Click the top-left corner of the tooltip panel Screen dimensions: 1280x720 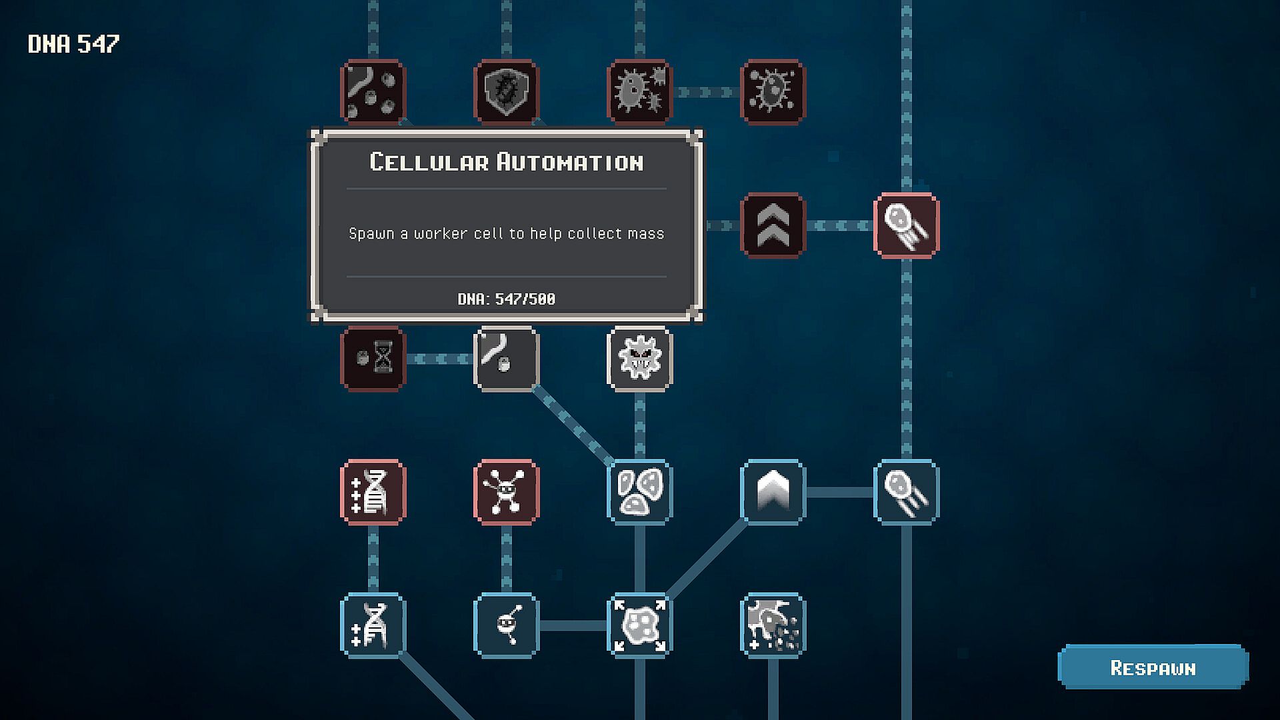coord(311,130)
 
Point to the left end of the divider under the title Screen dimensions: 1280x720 coord(347,189)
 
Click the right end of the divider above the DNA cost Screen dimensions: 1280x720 coord(667,276)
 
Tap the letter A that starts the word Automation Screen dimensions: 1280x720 coord(503,162)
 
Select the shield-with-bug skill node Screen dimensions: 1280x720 coord(507,92)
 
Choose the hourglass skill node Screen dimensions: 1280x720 coord(373,359)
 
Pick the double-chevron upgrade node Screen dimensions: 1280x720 coord(773,225)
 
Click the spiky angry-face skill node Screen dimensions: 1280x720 coord(640,359)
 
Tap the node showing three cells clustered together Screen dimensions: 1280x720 coord(640,492)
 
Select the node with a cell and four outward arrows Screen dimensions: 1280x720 coord(640,625)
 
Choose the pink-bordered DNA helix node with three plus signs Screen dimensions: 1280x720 coord(373,492)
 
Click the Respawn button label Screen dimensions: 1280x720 coord(1153,668)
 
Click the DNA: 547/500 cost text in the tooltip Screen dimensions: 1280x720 coord(507,299)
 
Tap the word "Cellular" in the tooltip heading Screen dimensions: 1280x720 coord(429,162)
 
